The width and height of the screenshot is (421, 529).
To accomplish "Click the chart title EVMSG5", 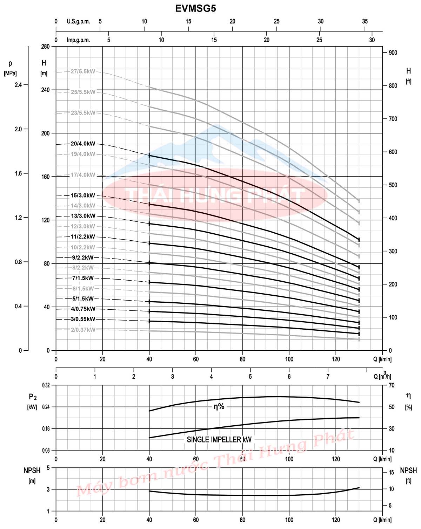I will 195,8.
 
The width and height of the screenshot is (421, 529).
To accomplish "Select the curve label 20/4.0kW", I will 83,144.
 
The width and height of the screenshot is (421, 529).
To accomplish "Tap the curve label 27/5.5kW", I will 83,71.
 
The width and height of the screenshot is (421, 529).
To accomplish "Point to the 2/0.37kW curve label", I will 83,330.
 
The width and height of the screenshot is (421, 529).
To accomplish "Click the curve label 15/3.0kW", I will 83,195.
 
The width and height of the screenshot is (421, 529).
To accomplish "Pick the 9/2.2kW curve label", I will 83,257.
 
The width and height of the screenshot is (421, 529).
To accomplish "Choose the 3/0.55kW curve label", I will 83,319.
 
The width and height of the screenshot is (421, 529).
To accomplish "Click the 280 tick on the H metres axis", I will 46,47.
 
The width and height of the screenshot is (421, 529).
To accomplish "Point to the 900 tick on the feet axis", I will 393,53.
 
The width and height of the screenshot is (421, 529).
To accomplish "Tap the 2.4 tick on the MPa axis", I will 18,85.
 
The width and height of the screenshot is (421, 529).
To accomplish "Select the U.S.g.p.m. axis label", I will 78,21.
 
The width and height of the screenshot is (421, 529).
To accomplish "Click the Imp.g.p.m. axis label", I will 78,40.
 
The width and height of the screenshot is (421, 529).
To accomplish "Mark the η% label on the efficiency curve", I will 219,407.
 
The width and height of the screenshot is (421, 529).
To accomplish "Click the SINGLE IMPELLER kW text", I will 219,440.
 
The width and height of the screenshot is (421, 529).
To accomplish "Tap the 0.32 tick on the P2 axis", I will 46,385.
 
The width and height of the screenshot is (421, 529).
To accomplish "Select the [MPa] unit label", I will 10,74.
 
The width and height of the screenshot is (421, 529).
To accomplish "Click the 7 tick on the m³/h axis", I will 328,377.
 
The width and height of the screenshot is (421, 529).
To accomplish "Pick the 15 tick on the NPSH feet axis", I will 392,473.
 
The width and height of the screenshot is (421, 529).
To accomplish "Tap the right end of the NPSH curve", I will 359,488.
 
